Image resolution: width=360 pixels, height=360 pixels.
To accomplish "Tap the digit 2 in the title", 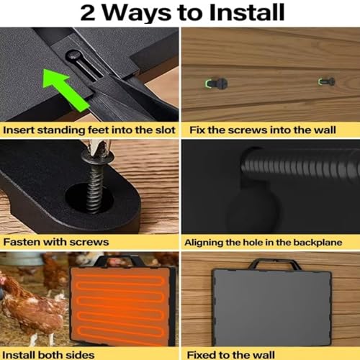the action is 88,13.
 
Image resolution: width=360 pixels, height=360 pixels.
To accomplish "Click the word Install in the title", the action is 247,12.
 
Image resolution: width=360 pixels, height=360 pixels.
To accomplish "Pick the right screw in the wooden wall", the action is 327,82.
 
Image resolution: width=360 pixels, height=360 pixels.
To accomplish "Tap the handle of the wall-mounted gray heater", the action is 274,264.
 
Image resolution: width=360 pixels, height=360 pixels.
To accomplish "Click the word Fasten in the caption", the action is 21,242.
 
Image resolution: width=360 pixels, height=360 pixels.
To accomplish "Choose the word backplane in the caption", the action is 318,243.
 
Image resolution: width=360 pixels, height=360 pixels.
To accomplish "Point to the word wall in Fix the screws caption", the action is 325,130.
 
